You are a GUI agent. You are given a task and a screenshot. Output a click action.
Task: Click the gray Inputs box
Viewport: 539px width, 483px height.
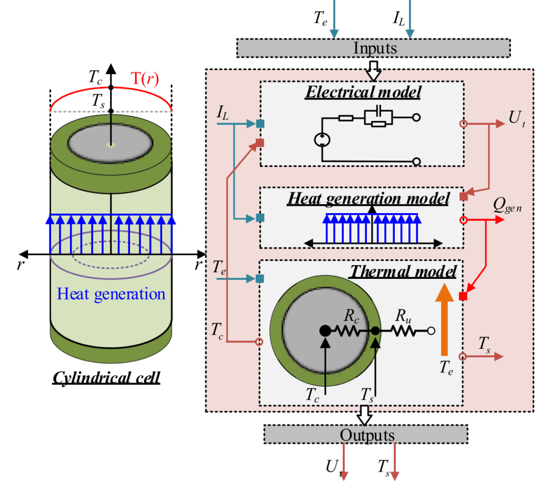(374, 48)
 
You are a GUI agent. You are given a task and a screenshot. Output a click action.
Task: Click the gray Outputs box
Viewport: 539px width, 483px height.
(365, 435)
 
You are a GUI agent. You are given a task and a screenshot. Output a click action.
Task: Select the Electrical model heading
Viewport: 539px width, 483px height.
(364, 92)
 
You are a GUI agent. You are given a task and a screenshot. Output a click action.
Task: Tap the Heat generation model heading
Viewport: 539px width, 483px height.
(368, 199)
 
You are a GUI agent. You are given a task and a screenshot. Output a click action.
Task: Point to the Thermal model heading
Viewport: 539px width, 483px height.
(403, 271)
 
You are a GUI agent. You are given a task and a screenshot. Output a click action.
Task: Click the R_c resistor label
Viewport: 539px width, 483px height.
(352, 317)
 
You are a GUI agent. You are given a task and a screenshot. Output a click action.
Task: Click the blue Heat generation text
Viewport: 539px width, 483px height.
(111, 294)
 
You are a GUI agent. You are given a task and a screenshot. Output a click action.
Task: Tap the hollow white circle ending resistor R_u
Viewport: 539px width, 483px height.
(431, 331)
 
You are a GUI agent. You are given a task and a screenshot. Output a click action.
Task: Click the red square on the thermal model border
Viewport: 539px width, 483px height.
(463, 297)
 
